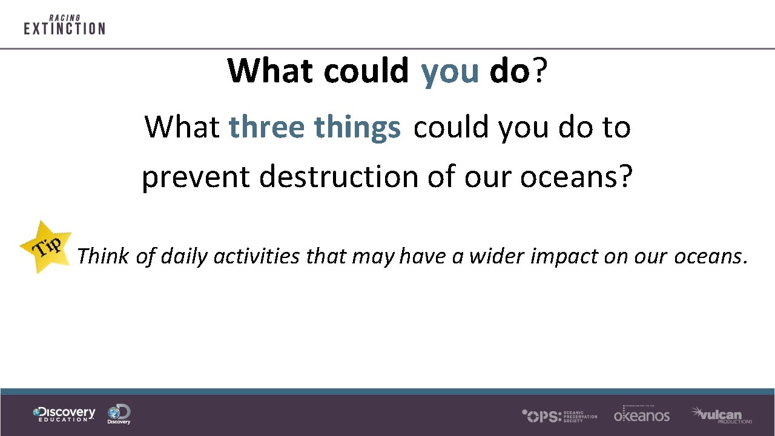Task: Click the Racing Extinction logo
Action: tap(64, 25)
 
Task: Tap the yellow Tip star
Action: tap(46, 246)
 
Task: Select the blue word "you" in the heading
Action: tap(450, 71)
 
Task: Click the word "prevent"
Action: tap(196, 177)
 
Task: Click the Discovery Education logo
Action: tap(64, 414)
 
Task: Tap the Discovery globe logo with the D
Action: tap(119, 414)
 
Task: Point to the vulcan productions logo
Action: tap(721, 415)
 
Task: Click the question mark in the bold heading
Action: tap(541, 71)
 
